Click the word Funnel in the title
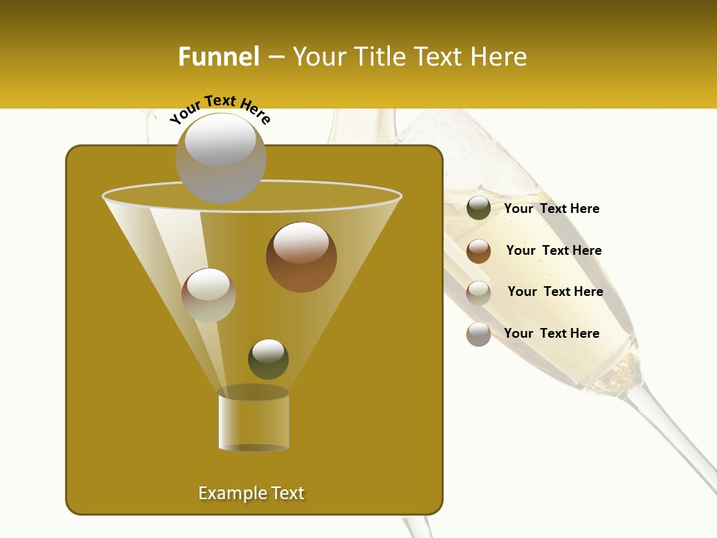pyautogui.click(x=219, y=57)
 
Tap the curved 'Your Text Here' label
pyautogui.click(x=220, y=109)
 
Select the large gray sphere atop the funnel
pyautogui.click(x=220, y=158)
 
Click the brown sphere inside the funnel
pyautogui.click(x=301, y=257)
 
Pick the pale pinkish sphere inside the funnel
pyautogui.click(x=208, y=294)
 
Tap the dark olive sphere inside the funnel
pyautogui.click(x=268, y=359)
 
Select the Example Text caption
pyautogui.click(x=251, y=493)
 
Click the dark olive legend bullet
pyautogui.click(x=479, y=208)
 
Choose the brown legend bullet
pyautogui.click(x=479, y=251)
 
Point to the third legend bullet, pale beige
pyautogui.click(x=479, y=293)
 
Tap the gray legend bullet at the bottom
pyautogui.click(x=479, y=334)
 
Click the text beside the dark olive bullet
pyautogui.click(x=551, y=208)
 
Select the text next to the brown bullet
pyautogui.click(x=553, y=250)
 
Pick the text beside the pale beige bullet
pyautogui.click(x=555, y=291)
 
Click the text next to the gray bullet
pyautogui.click(x=551, y=333)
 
